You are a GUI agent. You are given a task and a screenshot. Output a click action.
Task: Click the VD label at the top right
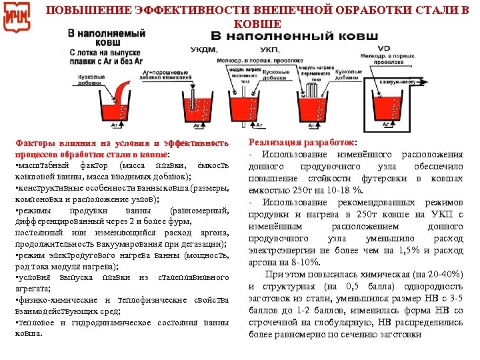[x=384, y=48]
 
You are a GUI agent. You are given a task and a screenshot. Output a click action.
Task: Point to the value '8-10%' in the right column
[x=297, y=262]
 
